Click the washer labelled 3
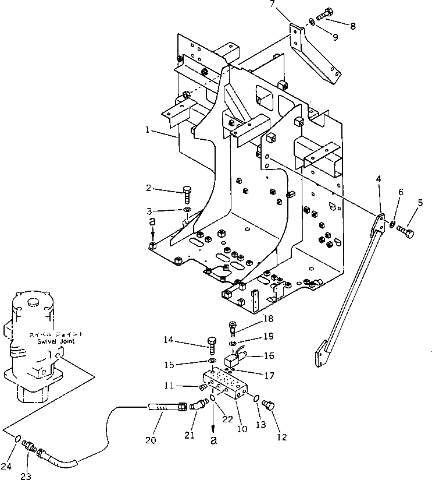[186, 209]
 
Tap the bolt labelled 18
[233, 330]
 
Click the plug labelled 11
[204, 387]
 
